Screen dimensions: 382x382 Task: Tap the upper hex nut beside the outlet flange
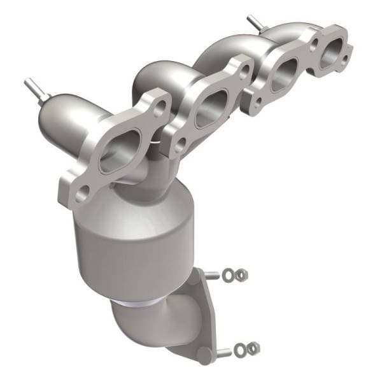pos(243,275)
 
